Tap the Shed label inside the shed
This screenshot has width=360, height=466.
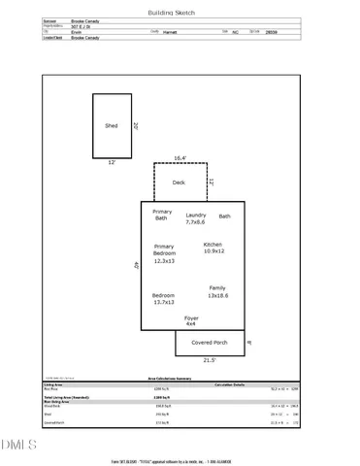111,126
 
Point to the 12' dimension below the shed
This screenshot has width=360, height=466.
112,162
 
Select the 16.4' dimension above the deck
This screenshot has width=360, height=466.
180,157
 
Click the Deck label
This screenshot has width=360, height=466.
179,182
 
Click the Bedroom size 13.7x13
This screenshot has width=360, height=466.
163,304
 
